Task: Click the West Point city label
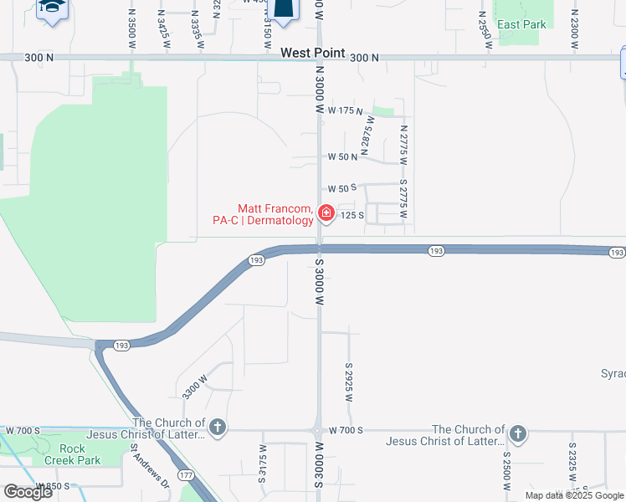[312, 53]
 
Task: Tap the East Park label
[521, 24]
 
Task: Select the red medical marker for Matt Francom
[326, 213]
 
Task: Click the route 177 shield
[185, 474]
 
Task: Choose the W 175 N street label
[346, 110]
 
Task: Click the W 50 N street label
[343, 156]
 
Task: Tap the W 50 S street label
[343, 187]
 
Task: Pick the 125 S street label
[351, 215]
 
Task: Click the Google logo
[28, 492]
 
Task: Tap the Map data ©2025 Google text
[573, 495]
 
